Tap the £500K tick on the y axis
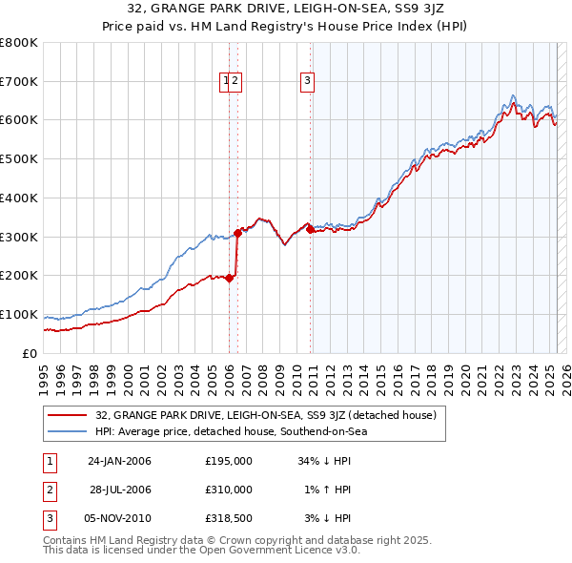coord(19,158)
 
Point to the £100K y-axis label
coord(19,314)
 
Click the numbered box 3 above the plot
coord(308,82)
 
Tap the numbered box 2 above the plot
coord(235,82)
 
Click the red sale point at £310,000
coord(237,232)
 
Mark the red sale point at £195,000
coord(229,278)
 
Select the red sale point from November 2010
coord(311,229)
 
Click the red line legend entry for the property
coord(266,416)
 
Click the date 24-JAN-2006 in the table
coord(119,461)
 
